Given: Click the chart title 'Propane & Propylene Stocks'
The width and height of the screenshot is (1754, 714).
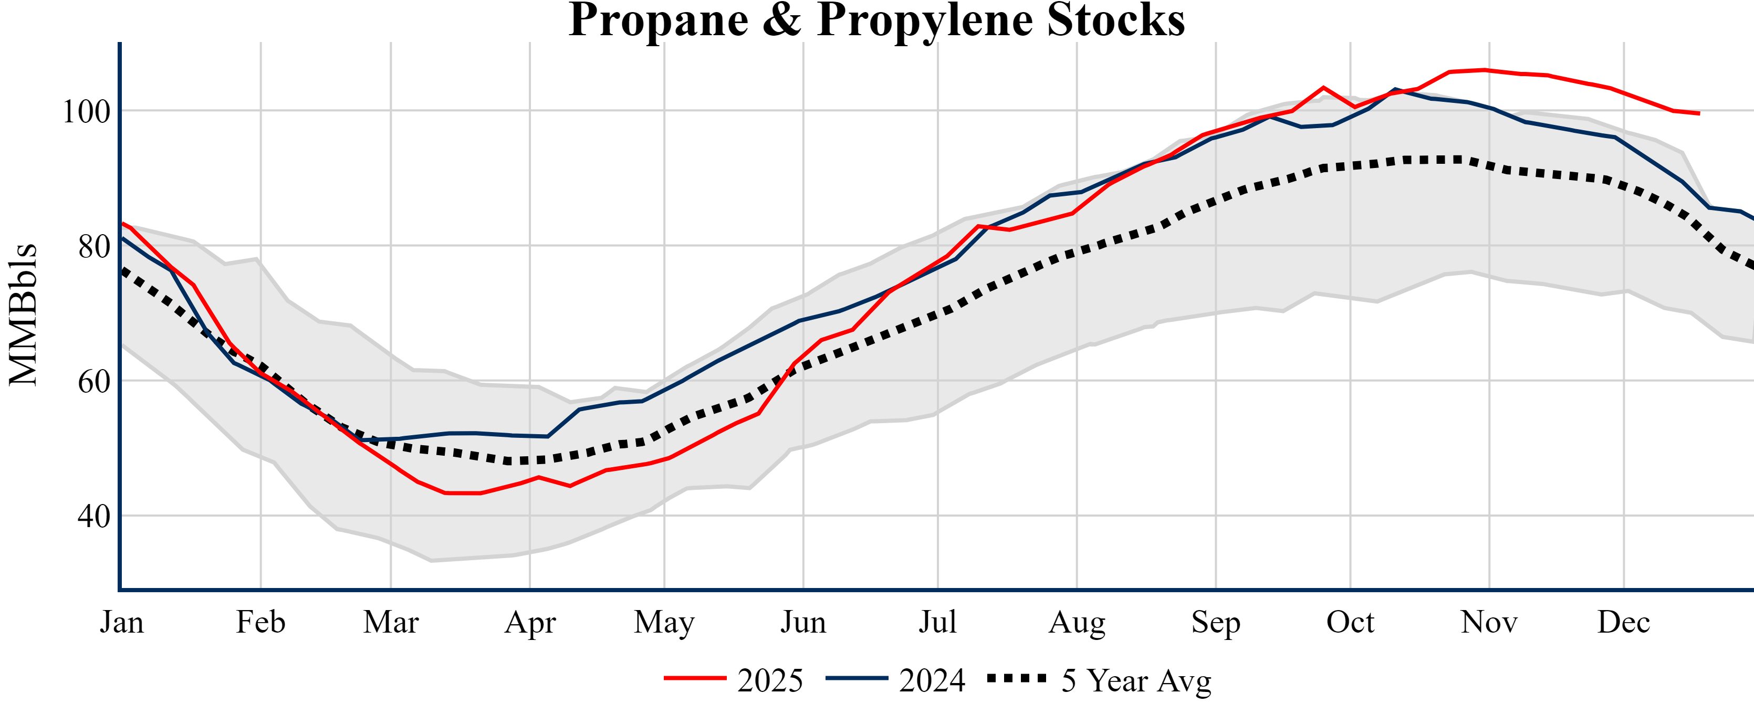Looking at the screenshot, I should coord(876,20).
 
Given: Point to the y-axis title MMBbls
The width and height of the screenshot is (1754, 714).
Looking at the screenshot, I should coord(23,314).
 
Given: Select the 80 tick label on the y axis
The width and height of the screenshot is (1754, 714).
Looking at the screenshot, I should coord(94,246).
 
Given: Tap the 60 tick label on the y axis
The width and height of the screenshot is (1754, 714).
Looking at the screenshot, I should coord(94,381).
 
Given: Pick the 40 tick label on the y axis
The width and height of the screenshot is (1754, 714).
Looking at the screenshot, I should coord(94,517).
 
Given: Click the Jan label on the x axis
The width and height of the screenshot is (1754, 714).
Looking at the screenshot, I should coord(122,622).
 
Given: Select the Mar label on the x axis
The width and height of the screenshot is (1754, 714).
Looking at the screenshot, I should coord(391,622).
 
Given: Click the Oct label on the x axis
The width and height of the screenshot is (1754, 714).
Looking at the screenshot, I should coord(1350,622).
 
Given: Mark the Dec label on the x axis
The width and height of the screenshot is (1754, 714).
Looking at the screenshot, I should coord(1624,622).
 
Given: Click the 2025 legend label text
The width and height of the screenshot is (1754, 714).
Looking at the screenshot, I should coord(770,680).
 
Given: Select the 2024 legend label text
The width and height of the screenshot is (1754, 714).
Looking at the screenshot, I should coord(932,680).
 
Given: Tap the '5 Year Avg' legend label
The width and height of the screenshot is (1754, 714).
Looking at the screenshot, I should coord(1136,680).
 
